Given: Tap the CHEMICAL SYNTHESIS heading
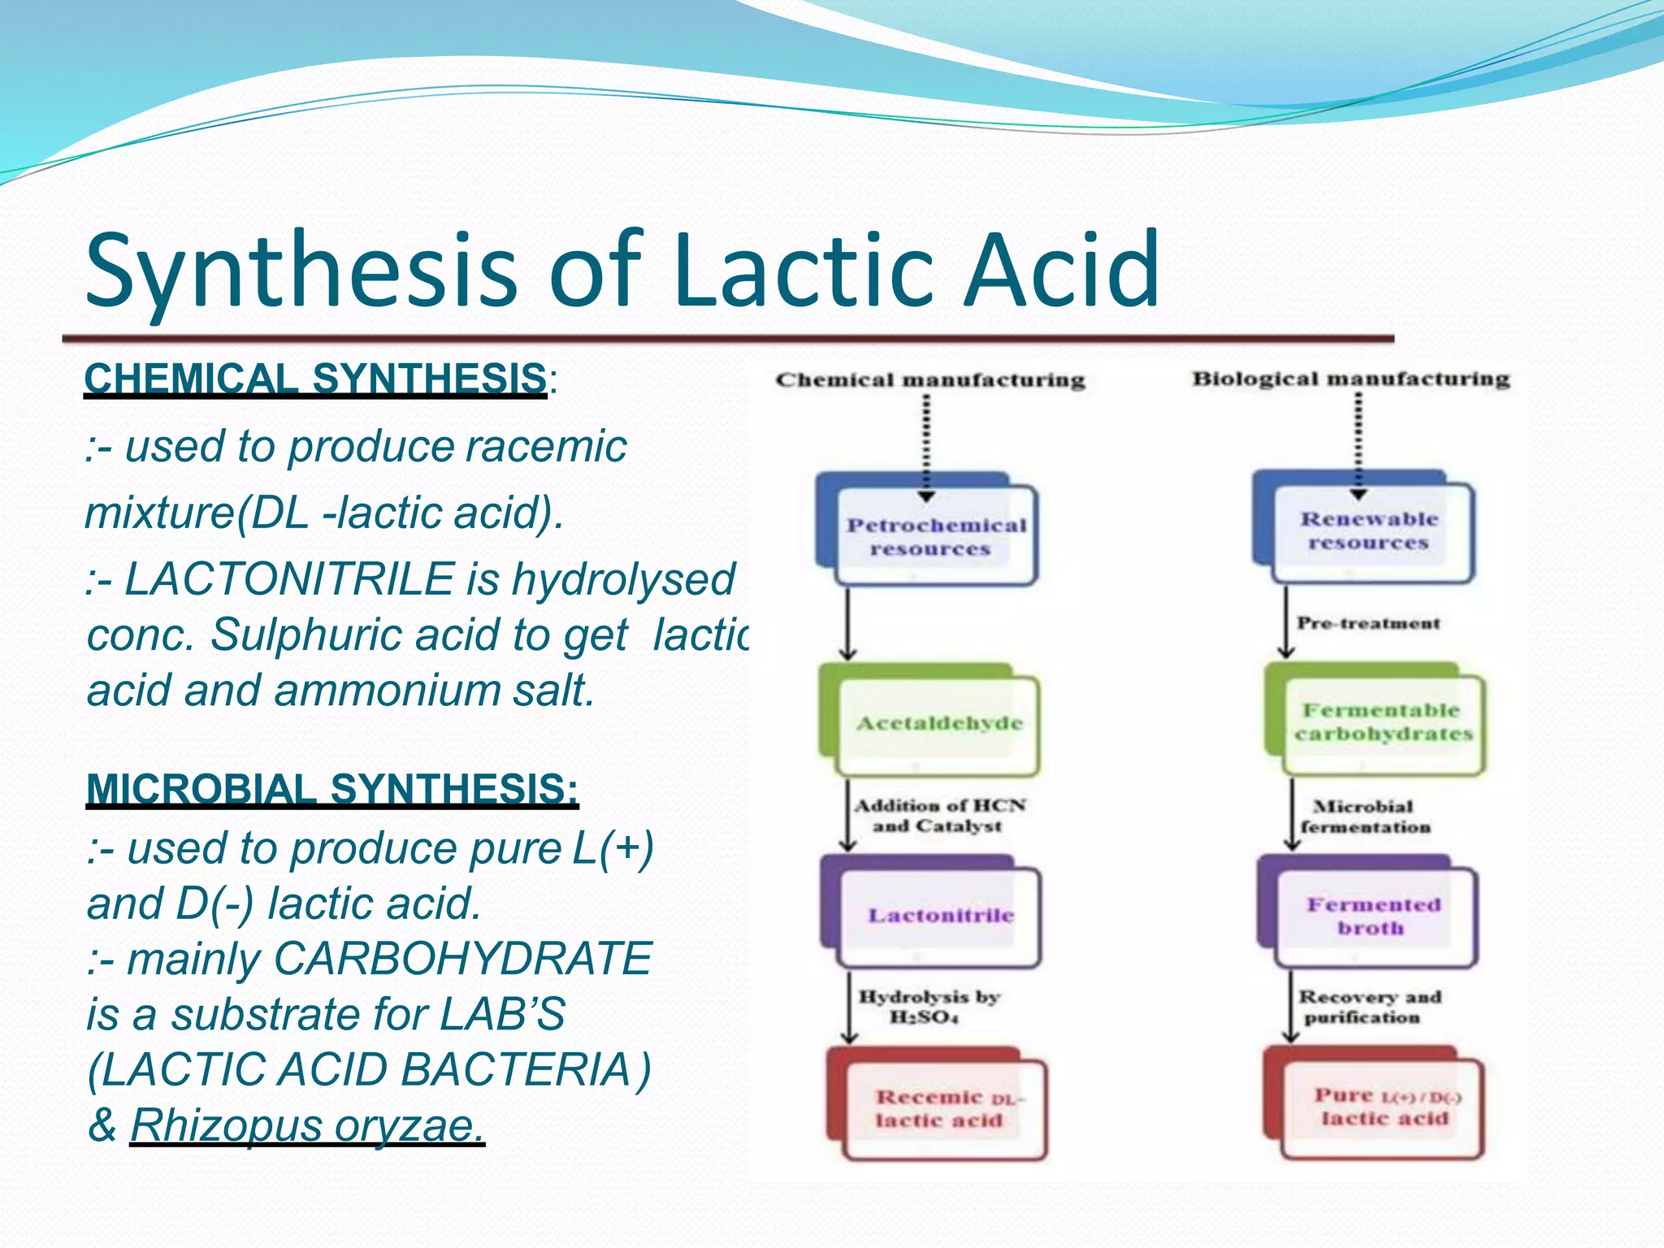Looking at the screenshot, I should point(315,379).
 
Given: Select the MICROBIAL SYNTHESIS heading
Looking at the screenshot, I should point(332,789).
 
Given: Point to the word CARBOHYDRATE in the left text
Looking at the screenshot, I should point(463,959).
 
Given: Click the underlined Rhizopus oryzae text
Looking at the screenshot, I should point(307,1126).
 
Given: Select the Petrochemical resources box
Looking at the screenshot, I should point(936,536).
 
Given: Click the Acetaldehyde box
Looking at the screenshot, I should point(938,723).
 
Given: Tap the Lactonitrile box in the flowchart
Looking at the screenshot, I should point(940,916).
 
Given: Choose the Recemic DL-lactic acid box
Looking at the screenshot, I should point(946,1109).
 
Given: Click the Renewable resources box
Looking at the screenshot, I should point(1371,531).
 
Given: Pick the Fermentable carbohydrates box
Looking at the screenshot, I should point(1383,721).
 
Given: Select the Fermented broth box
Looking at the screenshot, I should point(1373,916).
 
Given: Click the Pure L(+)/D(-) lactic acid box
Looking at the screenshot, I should point(1383,1107).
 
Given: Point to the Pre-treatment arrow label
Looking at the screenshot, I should point(1368,624).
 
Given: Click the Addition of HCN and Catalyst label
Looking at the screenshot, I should point(939,816).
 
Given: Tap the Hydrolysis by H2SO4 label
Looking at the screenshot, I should point(928,1007).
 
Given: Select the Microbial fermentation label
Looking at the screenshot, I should point(1364,817).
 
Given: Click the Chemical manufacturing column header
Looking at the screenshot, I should point(930,380).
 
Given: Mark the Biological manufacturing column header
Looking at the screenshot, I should point(1350,379).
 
